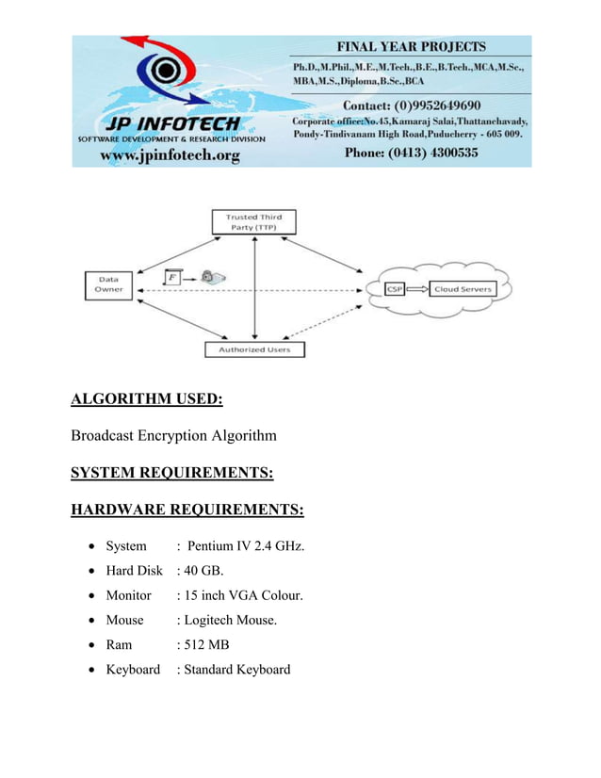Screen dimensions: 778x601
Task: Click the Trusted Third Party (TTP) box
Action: tap(253, 221)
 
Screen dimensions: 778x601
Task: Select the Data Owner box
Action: tap(107, 284)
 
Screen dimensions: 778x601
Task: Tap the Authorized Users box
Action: tap(254, 349)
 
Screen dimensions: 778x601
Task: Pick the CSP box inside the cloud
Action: tap(396, 289)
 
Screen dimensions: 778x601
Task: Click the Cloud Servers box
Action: tap(463, 289)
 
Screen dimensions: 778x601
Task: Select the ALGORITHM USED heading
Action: tap(147, 399)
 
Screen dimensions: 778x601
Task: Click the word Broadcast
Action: tap(103, 436)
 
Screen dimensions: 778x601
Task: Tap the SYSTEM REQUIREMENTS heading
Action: tap(172, 472)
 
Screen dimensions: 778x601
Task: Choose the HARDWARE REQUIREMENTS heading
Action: tap(187, 510)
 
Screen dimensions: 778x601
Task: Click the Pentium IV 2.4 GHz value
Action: tap(245, 546)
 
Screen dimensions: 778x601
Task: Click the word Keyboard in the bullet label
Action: tap(133, 670)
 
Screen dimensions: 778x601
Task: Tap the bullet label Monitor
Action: tap(128, 595)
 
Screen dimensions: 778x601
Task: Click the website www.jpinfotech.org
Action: tap(171, 154)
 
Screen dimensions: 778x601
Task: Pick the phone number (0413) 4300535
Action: tap(412, 152)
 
